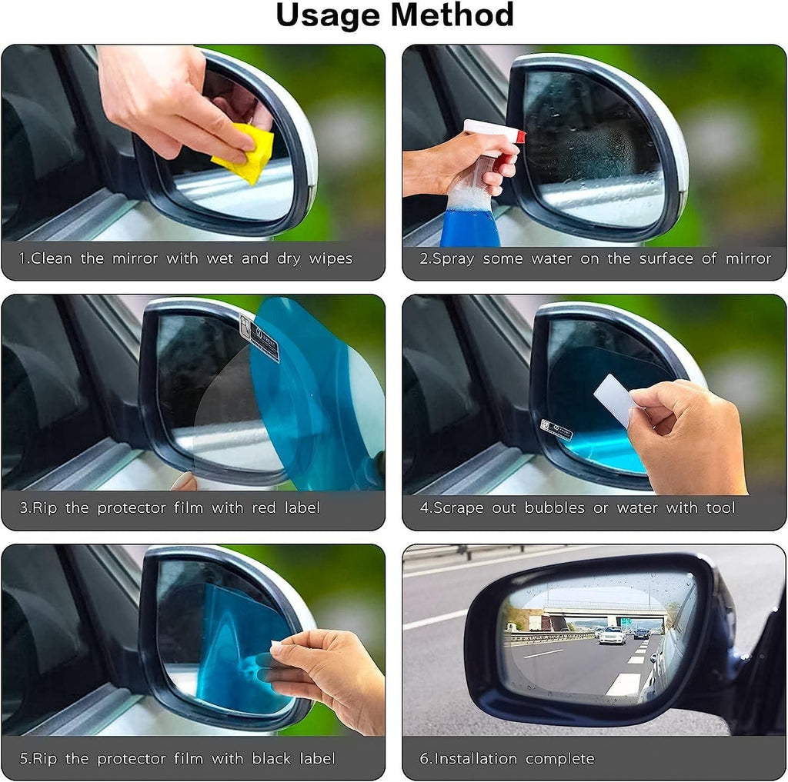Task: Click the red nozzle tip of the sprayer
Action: tap(521, 137)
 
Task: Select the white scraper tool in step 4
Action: tap(615, 399)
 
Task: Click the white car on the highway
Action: tap(613, 635)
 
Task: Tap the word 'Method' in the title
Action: tap(456, 16)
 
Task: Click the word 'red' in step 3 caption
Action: tap(256, 508)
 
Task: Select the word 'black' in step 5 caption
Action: tap(272, 759)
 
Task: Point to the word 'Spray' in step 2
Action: tap(453, 259)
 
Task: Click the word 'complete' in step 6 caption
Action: tap(559, 759)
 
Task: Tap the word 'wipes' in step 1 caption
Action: tap(330, 258)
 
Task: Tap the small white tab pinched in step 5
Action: tap(275, 644)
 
